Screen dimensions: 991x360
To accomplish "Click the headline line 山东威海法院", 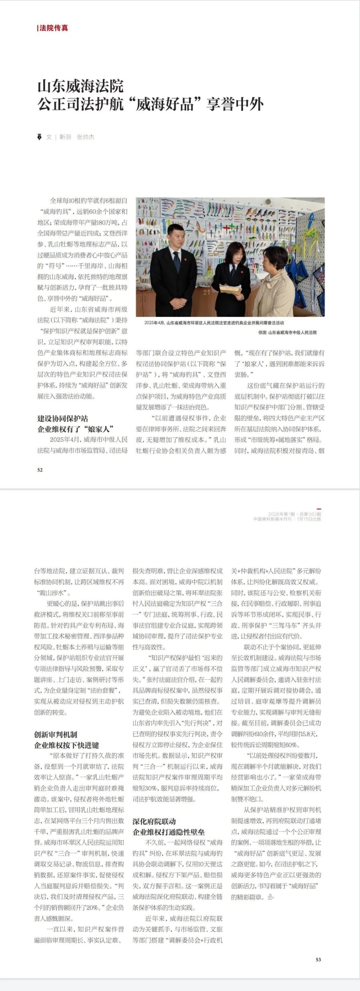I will (80, 86).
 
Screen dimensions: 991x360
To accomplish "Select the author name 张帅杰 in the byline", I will (85, 137).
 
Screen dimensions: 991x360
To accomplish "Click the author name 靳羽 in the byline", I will (66, 137).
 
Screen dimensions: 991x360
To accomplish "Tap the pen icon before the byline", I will (39, 137).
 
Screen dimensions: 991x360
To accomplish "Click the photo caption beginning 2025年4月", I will (214, 323).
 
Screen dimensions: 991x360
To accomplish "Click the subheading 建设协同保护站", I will (62, 418).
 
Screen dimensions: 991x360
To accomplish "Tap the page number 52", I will (40, 470).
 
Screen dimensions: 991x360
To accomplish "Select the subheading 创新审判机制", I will (55, 734).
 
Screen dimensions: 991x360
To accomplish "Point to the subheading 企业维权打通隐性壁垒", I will (169, 832).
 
